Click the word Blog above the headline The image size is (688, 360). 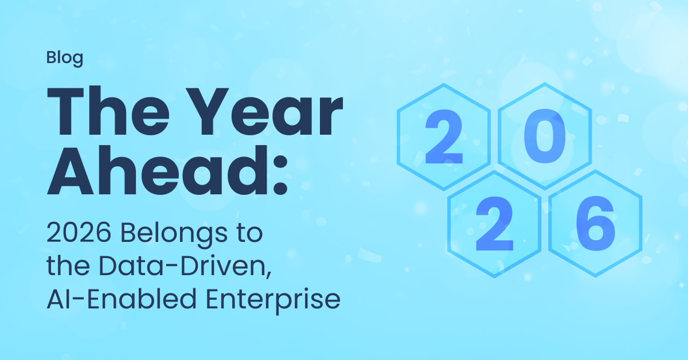point(64,58)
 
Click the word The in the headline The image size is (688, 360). point(108,111)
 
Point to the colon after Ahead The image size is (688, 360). point(280,175)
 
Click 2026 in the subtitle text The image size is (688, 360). point(79,233)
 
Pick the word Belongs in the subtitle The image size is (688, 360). point(174,234)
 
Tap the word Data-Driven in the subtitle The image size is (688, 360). point(183,266)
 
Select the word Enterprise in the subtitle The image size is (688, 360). point(273,301)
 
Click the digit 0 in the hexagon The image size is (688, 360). point(545,136)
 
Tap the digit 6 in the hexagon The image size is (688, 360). point(596,224)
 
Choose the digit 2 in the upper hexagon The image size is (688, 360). point(444,136)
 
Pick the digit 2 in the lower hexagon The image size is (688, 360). point(494,224)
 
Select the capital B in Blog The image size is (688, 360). point(50,57)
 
